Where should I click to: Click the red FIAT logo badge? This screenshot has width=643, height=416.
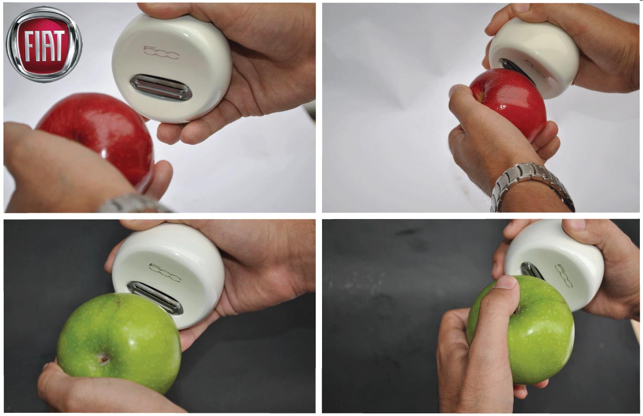(x=44, y=45)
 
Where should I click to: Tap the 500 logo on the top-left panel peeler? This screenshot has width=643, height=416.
(x=161, y=52)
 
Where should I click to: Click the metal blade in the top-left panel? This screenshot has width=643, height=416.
(x=161, y=87)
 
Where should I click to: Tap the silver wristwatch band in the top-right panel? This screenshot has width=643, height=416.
(x=532, y=187)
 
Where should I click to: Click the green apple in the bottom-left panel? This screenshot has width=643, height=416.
(x=119, y=342)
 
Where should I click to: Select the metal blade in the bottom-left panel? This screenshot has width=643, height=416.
(x=155, y=297)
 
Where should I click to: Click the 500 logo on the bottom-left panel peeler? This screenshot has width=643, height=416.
(x=165, y=272)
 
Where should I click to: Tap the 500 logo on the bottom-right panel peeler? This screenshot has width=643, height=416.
(x=564, y=276)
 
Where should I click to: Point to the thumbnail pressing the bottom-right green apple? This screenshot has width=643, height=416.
(x=506, y=282)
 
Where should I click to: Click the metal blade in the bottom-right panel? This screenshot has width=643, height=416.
(x=532, y=271)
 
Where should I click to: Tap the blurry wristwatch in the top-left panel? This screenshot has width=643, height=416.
(x=135, y=204)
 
